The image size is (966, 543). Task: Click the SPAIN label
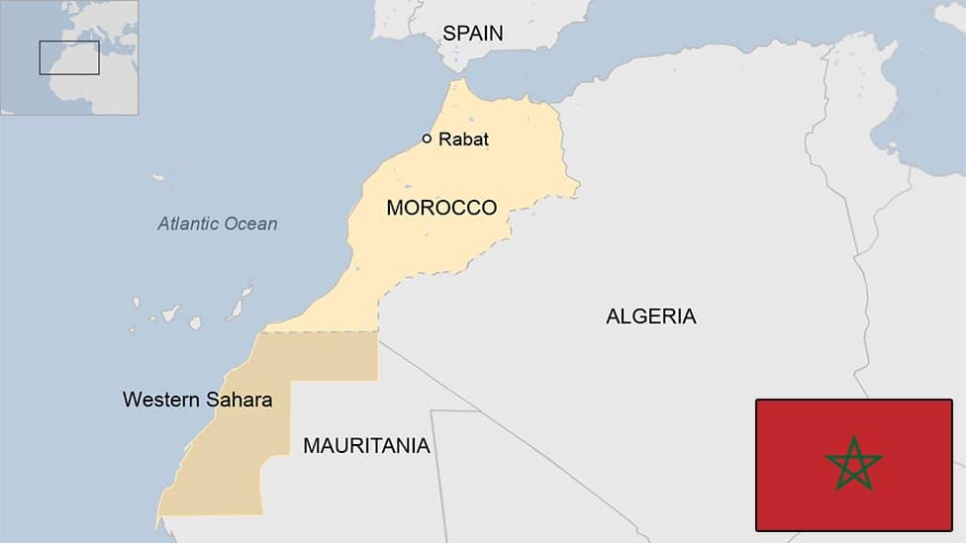click(472, 33)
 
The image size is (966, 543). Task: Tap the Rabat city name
click(463, 139)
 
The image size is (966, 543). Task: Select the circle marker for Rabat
click(427, 138)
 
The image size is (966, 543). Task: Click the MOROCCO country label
click(441, 208)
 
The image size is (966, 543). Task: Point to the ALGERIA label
click(650, 317)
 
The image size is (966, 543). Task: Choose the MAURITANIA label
click(366, 446)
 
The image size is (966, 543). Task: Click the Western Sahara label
click(197, 400)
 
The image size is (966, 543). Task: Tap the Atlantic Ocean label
click(218, 224)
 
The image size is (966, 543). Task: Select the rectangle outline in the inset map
click(69, 57)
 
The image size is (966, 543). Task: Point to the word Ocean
click(250, 224)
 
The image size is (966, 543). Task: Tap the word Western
click(156, 400)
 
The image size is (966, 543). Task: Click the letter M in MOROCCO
click(395, 208)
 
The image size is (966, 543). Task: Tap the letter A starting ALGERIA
click(613, 317)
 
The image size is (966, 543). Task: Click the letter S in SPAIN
click(448, 33)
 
